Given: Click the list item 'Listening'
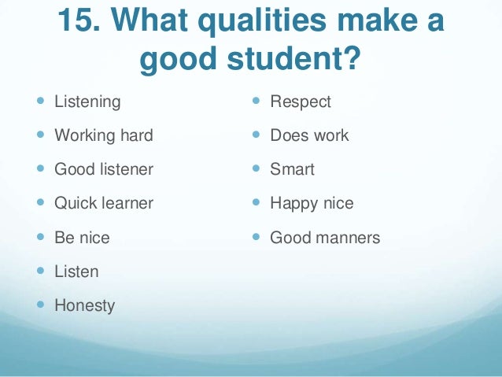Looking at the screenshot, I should [87, 102].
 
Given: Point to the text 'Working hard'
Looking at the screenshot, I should [103, 135].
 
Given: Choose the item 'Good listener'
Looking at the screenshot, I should [103, 169].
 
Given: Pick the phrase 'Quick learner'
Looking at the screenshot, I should [103, 203].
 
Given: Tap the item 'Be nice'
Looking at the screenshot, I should [82, 237].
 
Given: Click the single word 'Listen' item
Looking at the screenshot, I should [76, 272].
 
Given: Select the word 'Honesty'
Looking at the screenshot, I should [84, 305].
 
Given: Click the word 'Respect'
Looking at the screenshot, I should [301, 102].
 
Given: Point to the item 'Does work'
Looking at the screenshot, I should [309, 135].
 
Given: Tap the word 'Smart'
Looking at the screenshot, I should [292, 169].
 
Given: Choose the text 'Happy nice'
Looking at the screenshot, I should [312, 203].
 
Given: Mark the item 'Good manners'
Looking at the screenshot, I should [325, 237].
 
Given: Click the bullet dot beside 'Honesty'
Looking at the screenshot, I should [41, 305].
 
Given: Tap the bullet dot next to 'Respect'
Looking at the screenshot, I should [257, 102].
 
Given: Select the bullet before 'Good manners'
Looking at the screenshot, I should [257, 237].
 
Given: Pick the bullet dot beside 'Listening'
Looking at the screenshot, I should [41, 102].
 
